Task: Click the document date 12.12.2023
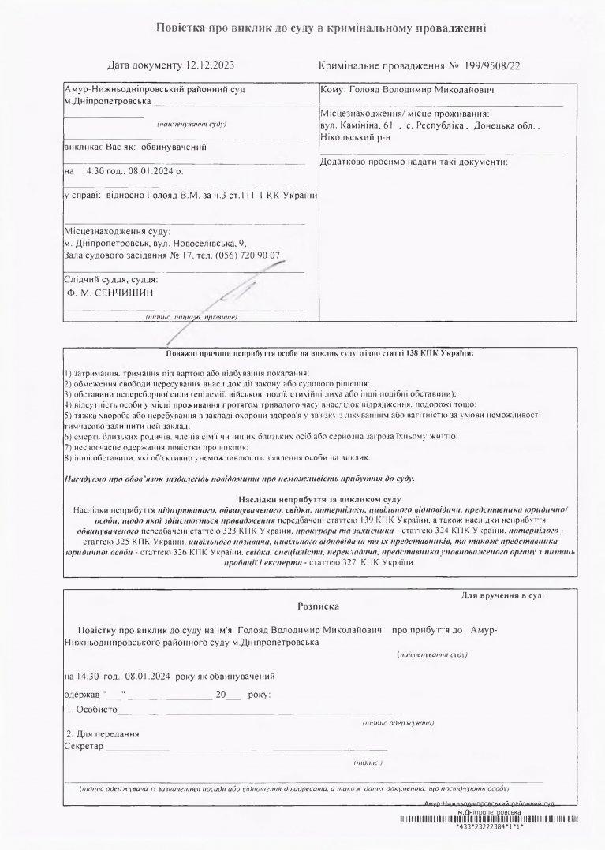pos(211,65)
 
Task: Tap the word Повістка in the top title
pos(181,28)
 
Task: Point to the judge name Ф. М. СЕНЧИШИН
pos(111,293)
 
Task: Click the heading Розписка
pos(318,607)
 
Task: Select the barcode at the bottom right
pos(489,820)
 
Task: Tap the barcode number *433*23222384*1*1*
pos(490,828)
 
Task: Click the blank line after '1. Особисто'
pos(229,713)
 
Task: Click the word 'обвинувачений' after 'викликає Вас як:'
pos(174,147)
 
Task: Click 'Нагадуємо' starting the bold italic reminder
pos(88,479)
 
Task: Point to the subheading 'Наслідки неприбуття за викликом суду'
pos(319,500)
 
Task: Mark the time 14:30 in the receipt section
pos(89,676)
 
